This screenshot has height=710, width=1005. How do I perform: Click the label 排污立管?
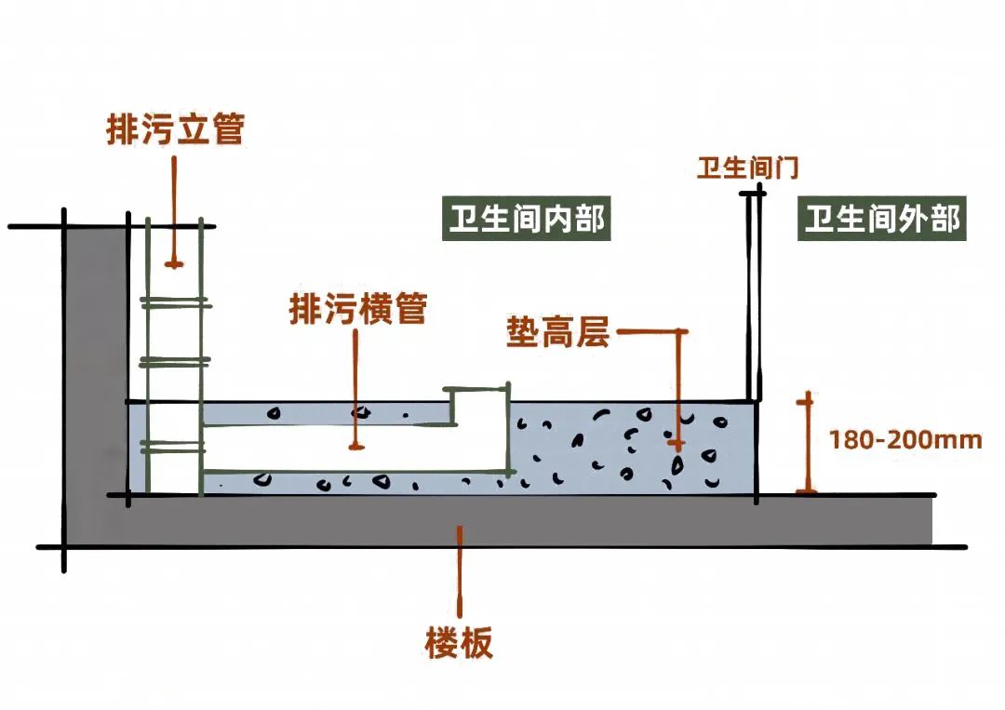pos(175,129)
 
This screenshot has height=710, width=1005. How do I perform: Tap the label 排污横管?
pos(358,309)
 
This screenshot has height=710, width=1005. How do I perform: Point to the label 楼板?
pos(460,643)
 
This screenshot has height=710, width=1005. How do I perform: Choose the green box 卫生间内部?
pos(527,221)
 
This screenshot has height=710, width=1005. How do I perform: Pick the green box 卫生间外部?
pos(881,221)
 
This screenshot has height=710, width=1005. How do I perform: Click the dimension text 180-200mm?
pos(905,439)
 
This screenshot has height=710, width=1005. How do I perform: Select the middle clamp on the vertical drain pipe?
pos(174,361)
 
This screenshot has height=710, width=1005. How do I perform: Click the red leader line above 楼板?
pos(460,568)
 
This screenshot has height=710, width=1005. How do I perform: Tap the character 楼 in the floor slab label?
pos(443,643)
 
